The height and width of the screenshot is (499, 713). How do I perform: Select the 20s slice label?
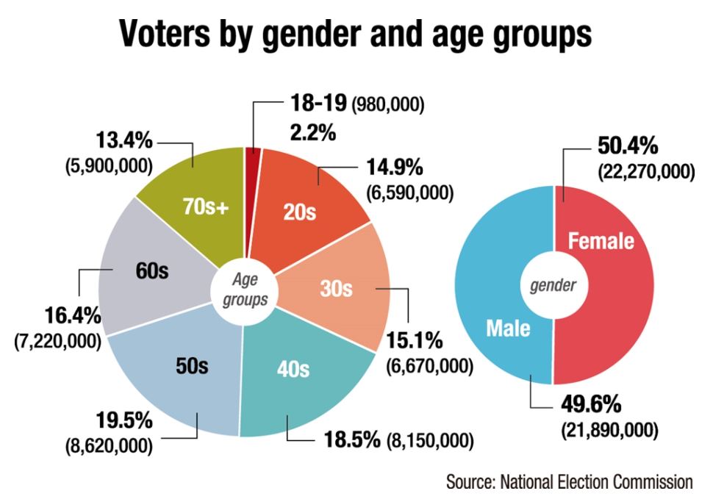pos(300,212)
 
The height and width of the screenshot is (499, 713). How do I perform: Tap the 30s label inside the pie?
pos(337,289)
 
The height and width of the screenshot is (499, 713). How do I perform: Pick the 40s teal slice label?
pos(293,369)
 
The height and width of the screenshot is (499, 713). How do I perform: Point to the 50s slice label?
pos(192,365)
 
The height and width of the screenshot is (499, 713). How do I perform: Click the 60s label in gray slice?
pos(152,270)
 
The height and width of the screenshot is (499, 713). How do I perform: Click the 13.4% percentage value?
pos(124,140)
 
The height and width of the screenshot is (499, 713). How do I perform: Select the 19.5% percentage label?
pos(123,421)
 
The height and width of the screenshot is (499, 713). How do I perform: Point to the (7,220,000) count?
pos(58,342)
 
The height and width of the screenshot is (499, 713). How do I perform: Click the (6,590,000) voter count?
pos(409,193)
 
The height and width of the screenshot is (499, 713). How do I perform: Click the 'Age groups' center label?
pos(246,290)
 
